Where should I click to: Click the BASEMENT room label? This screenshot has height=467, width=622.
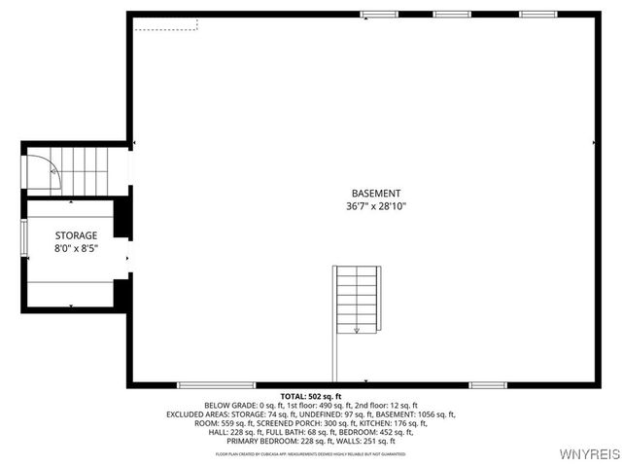pyautogui.click(x=375, y=194)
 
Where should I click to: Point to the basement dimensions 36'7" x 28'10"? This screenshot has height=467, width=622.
pyautogui.click(x=375, y=206)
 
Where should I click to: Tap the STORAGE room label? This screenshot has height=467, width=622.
pyautogui.click(x=76, y=235)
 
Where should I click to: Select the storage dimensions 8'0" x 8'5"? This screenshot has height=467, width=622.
pyautogui.click(x=76, y=248)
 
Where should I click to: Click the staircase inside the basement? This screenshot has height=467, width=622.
pyautogui.click(x=357, y=299)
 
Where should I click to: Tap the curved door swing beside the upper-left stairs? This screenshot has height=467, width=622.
pyautogui.click(x=44, y=172)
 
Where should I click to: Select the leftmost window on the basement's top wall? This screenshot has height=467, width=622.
pyautogui.click(x=379, y=15)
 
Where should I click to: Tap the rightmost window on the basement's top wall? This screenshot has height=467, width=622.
pyautogui.click(x=536, y=15)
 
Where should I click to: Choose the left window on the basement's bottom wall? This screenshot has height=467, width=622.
pyautogui.click(x=216, y=385)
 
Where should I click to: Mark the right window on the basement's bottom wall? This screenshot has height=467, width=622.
pyautogui.click(x=487, y=385)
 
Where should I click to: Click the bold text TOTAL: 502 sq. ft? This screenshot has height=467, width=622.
pyautogui.click(x=310, y=396)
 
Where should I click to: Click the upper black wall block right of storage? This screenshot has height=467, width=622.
pyautogui.click(x=122, y=218)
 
